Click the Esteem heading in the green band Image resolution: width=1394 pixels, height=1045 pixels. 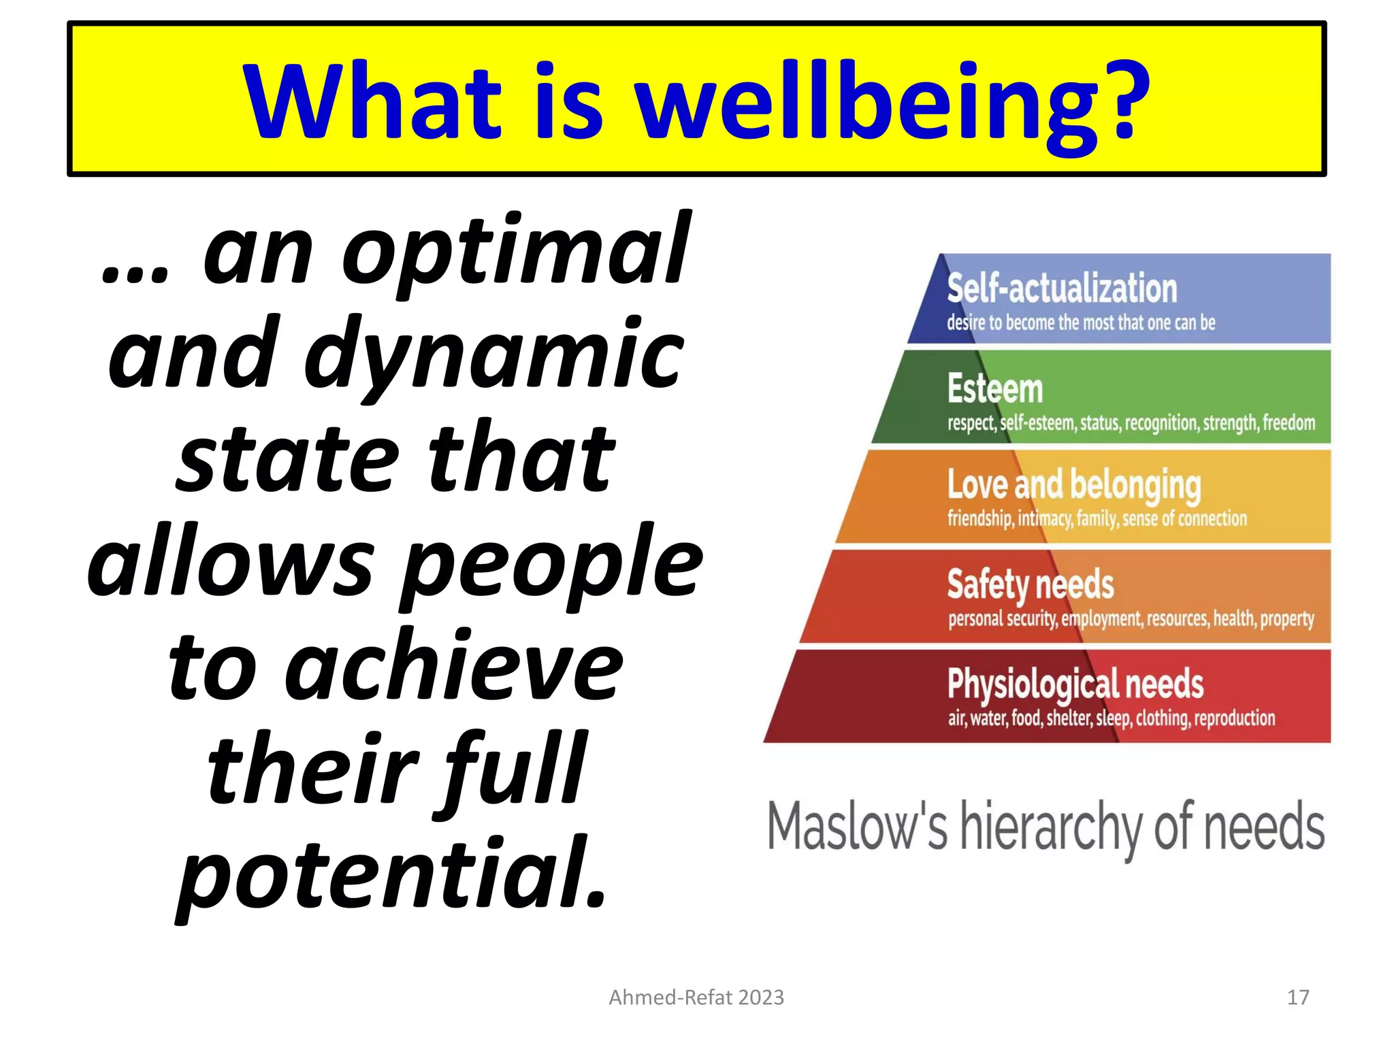(x=994, y=388)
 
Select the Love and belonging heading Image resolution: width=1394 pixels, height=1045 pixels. (x=1073, y=485)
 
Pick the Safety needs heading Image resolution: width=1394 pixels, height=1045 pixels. (x=1030, y=584)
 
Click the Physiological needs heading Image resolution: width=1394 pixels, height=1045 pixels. (x=1075, y=684)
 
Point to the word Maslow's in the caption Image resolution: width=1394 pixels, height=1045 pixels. (x=857, y=827)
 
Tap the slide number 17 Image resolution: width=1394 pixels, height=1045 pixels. (x=1298, y=997)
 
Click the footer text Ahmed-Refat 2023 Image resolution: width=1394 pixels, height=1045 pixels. (x=696, y=997)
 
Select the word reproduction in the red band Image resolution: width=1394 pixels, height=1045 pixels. (x=1234, y=718)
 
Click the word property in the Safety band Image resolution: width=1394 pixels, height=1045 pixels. (x=1286, y=619)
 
